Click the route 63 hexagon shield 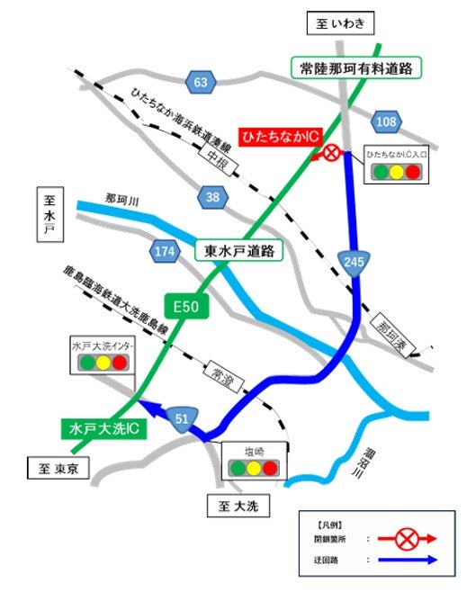point(201,84)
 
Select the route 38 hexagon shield point(213,197)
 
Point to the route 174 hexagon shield point(165,253)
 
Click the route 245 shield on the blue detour point(354,263)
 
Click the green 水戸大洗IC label point(106,430)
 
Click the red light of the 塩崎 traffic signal point(272,468)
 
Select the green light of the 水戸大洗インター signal point(87,363)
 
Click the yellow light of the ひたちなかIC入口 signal point(396,171)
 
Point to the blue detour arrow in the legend point(408,559)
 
